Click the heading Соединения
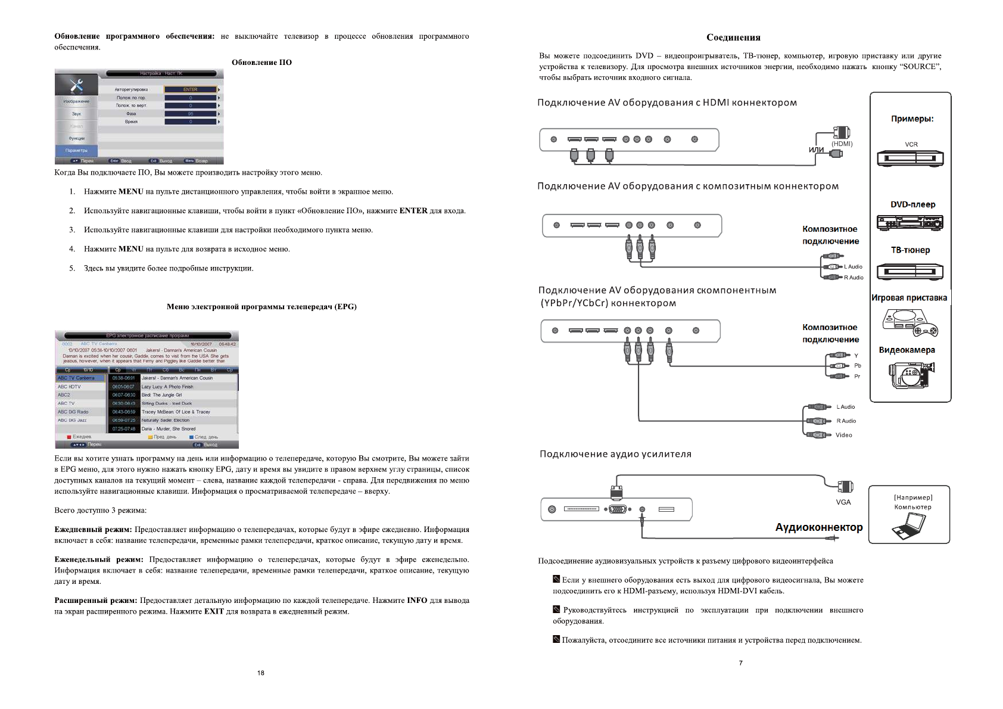click(733, 38)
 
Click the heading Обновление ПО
click(261, 63)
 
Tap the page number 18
click(261, 673)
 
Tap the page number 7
click(741, 663)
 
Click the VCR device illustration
click(909, 158)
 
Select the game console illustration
click(909, 322)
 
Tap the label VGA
click(843, 502)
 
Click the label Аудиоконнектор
click(818, 527)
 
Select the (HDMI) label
click(842, 144)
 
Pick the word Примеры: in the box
click(912, 119)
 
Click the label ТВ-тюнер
click(910, 250)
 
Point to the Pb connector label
click(858, 366)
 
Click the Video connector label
click(843, 435)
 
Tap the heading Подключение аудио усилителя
click(615, 454)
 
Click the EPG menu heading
click(261, 307)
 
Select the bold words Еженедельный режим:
click(99, 559)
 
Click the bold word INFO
click(417, 601)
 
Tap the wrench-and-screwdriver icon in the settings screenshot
click(76, 85)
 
